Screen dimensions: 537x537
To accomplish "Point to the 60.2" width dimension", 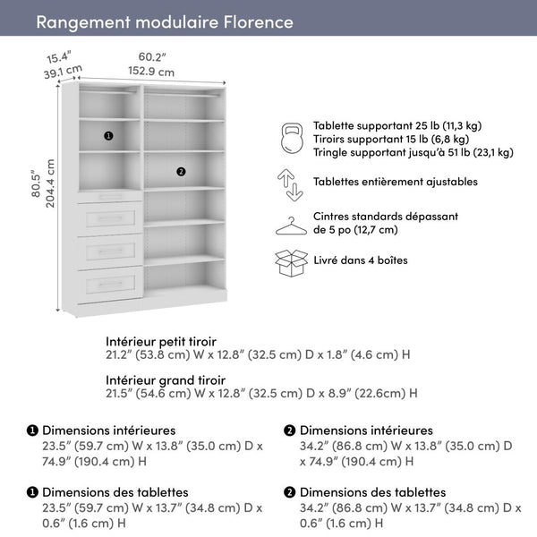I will click(150, 57).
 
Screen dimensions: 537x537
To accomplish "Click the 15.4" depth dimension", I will click(59, 58).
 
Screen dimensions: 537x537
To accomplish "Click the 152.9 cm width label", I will click(150, 72).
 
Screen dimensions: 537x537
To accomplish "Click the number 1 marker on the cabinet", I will click(108, 136).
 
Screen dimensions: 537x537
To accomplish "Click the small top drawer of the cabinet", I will click(110, 196).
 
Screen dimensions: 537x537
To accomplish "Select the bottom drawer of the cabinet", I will click(110, 286).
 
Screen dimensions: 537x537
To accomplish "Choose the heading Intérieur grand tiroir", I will click(165, 379).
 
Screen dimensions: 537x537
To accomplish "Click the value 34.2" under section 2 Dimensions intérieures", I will click(315, 446).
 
